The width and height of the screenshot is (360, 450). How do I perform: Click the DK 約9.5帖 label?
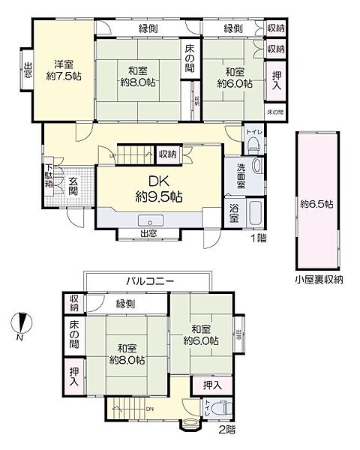coord(159,190)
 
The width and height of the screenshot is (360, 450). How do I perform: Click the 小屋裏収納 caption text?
coord(318,280)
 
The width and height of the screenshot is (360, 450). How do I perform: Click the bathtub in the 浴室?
coord(253,214)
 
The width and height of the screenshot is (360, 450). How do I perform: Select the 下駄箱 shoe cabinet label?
coord(48,176)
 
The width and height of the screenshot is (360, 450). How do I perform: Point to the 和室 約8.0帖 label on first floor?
coord(136,76)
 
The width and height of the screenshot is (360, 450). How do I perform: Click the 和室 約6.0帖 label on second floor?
coord(202,335)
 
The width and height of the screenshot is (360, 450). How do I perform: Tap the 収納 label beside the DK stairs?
coord(167,154)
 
